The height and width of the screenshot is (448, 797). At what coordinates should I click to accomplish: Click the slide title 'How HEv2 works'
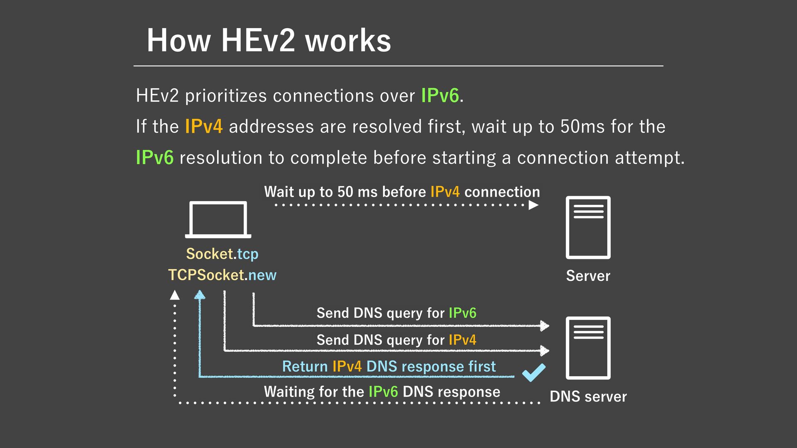pyautogui.click(x=269, y=40)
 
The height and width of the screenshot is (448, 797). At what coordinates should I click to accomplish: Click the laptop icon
pyautogui.click(x=218, y=219)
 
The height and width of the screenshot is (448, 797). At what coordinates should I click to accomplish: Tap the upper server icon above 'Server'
pyautogui.click(x=588, y=227)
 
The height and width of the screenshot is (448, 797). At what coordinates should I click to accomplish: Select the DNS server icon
pyautogui.click(x=588, y=348)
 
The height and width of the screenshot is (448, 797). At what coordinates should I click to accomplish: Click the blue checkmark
pyautogui.click(x=534, y=372)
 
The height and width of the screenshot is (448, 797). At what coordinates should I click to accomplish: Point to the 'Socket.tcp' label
pyautogui.click(x=222, y=254)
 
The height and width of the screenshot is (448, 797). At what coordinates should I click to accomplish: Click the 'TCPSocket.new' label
pyautogui.click(x=222, y=275)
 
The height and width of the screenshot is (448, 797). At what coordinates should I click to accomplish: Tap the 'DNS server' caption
pyautogui.click(x=588, y=397)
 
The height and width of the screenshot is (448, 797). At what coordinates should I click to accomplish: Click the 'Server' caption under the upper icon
pyautogui.click(x=588, y=276)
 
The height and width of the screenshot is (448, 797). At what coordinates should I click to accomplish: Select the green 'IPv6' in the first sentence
pyautogui.click(x=440, y=96)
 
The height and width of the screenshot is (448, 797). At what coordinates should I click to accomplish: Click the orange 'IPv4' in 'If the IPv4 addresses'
pyautogui.click(x=204, y=127)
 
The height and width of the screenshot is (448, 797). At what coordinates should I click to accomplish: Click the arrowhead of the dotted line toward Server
pyautogui.click(x=534, y=205)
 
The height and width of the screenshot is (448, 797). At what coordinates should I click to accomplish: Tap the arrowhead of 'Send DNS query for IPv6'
pyautogui.click(x=544, y=326)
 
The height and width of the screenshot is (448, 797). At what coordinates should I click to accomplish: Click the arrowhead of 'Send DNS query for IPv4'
pyautogui.click(x=544, y=351)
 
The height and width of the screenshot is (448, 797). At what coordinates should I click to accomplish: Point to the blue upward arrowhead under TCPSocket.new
pyautogui.click(x=200, y=295)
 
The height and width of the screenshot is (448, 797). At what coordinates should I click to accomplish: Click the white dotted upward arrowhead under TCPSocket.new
pyautogui.click(x=175, y=295)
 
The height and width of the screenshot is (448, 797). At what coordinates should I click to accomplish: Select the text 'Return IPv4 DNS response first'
pyautogui.click(x=389, y=367)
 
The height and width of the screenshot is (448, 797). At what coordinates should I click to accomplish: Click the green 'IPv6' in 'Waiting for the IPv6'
pyautogui.click(x=383, y=392)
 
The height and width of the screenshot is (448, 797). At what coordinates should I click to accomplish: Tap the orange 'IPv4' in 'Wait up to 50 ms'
pyautogui.click(x=445, y=192)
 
